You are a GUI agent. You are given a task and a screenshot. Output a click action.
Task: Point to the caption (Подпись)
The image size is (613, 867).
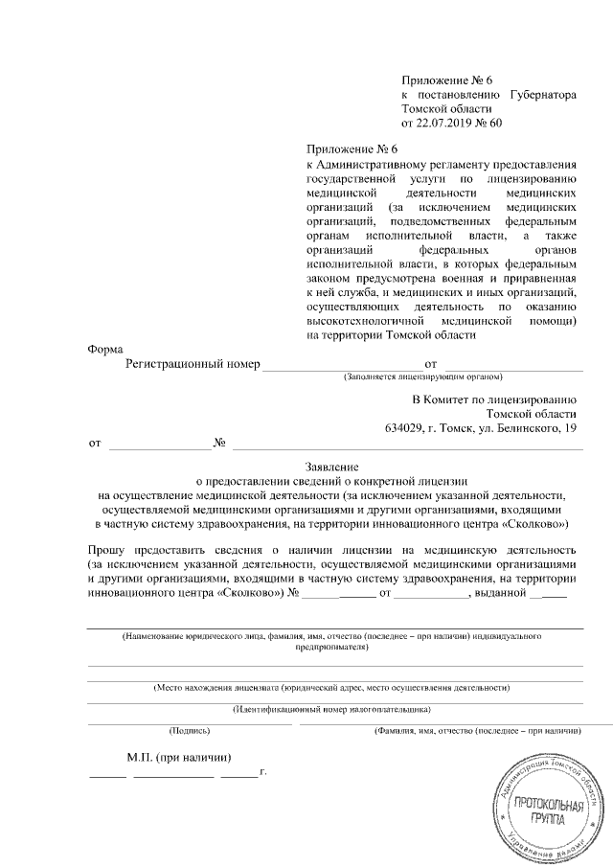(x=189, y=731)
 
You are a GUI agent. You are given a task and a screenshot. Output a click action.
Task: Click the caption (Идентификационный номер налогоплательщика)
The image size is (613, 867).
(x=331, y=709)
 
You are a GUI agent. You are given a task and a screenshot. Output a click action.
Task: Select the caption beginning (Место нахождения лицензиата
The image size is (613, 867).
(x=331, y=688)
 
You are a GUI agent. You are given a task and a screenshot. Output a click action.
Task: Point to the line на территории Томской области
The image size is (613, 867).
(x=390, y=335)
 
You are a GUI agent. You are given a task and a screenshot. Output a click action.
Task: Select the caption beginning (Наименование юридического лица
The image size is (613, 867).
(x=331, y=636)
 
